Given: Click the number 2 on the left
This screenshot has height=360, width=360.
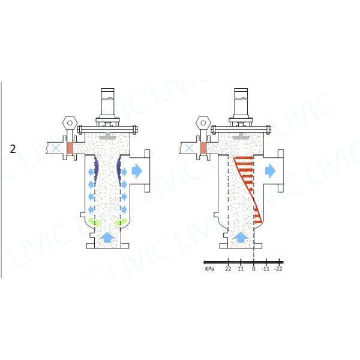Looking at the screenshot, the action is [13, 149].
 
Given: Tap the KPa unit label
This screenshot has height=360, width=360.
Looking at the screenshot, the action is [209, 269].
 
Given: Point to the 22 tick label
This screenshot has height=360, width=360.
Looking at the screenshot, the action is [228, 269].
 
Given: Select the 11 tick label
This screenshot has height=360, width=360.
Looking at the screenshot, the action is [241, 269].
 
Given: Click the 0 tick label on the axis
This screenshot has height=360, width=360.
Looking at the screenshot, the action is [253, 269].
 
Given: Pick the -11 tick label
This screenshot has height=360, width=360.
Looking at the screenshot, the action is [265, 269].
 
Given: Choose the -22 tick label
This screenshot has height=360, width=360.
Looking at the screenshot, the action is [278, 269].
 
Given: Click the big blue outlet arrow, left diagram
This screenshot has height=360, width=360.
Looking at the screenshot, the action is [137, 171].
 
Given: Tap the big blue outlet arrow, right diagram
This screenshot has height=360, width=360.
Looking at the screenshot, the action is [270, 171].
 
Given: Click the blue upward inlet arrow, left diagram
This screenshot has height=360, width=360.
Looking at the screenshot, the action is [107, 238].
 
